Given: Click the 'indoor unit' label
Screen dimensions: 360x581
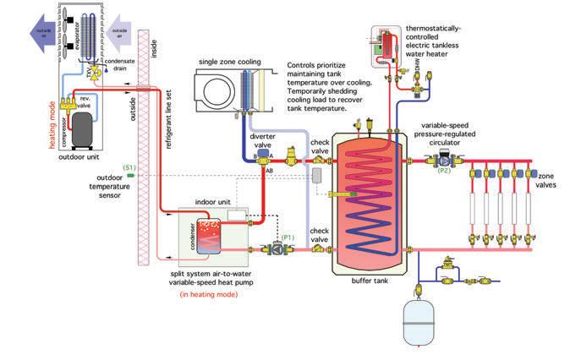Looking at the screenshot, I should coord(214,203).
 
